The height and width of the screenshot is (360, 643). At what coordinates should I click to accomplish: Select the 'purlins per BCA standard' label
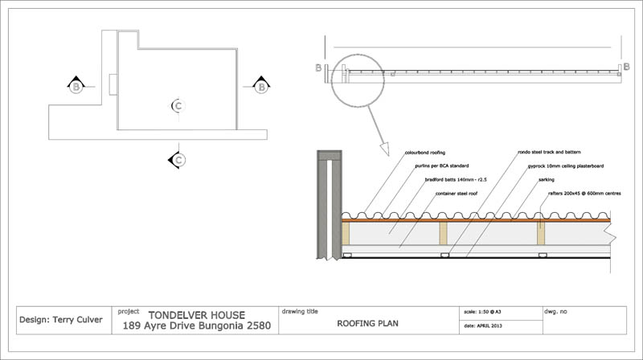pos(442,166)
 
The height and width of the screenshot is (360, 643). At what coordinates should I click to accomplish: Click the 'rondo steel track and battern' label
pos(549,152)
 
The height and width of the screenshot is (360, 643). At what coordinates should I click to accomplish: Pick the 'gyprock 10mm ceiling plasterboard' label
pos(565,166)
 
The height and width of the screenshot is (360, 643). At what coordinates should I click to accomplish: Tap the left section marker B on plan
pos(75,85)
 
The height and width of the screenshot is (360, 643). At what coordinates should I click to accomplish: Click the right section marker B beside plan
pos(261,85)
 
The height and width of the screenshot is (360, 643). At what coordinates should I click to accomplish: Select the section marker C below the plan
pos(178,160)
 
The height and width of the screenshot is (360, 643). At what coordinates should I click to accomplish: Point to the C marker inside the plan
pos(178,105)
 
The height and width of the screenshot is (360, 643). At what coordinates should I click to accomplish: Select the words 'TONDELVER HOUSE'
pos(197,314)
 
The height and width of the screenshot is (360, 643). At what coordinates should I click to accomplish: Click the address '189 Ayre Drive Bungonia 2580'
pos(197,326)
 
